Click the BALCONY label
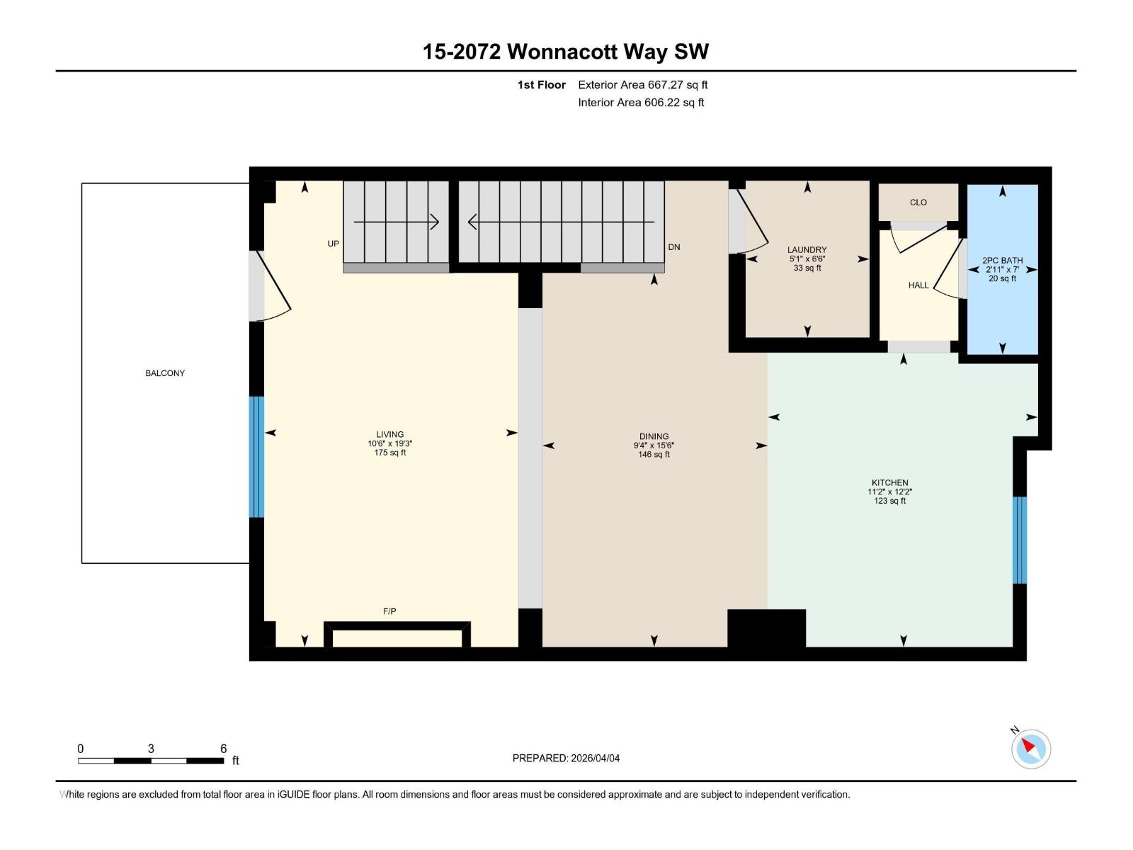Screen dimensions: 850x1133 point(165,373)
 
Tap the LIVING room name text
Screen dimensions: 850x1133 point(390,434)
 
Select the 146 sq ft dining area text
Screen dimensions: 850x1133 point(654,455)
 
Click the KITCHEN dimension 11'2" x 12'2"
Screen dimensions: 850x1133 point(889,492)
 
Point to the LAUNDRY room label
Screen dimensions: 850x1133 point(807,249)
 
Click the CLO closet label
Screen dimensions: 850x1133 point(918,203)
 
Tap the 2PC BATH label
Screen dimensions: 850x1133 point(1002,260)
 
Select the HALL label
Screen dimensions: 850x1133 point(918,285)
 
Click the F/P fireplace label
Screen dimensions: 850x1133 point(389,611)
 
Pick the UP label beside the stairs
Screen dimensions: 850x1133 point(333,244)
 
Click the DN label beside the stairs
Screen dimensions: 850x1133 point(674,247)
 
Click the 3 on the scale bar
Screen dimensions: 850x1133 point(151,749)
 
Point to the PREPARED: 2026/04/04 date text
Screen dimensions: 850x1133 point(566,758)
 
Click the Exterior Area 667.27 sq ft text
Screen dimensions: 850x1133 point(642,85)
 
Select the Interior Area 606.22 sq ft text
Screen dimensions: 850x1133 point(641,103)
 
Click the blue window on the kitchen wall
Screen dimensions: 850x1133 point(1020,540)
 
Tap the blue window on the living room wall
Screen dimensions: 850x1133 point(256,457)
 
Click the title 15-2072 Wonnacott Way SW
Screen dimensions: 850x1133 point(565,52)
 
